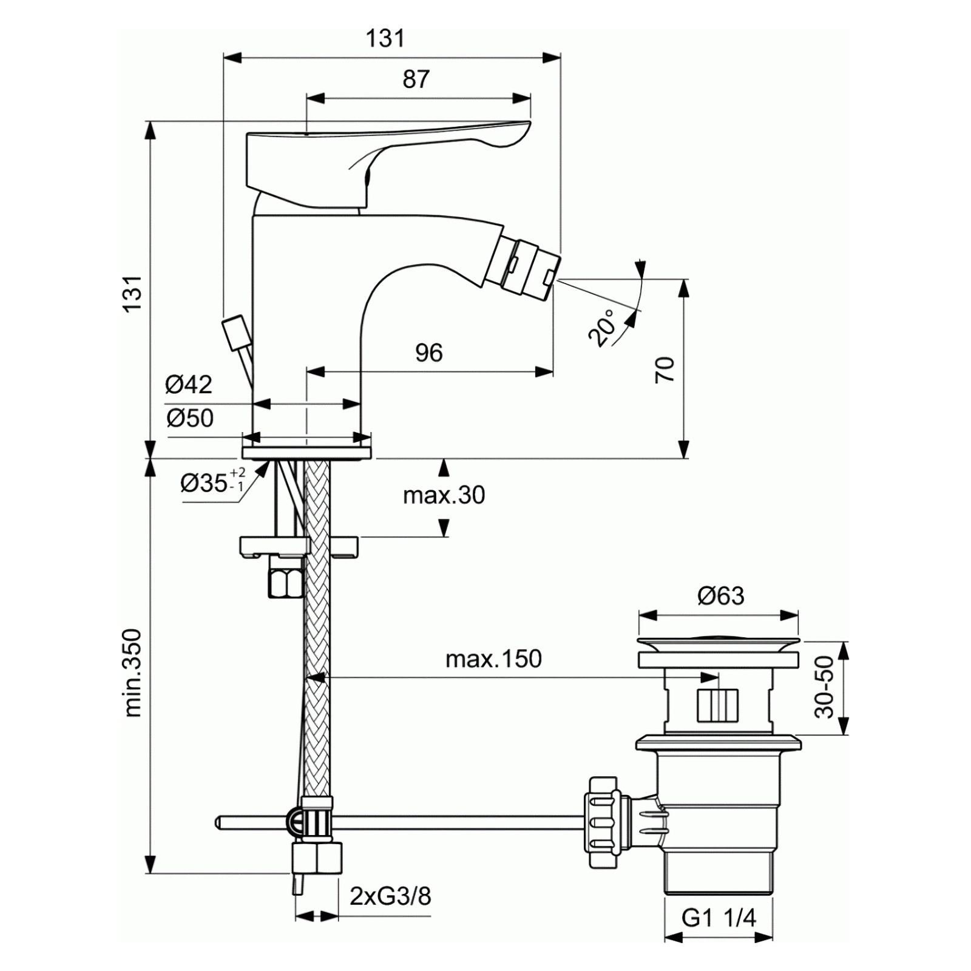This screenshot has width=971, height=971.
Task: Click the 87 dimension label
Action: (x=416, y=79)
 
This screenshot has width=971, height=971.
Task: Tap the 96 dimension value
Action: (x=429, y=353)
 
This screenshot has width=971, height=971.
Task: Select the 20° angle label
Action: (x=601, y=328)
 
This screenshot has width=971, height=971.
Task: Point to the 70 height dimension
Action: (x=665, y=369)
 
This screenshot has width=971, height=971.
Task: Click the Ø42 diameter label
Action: (x=189, y=384)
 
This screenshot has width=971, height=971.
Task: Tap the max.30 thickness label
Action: (x=444, y=496)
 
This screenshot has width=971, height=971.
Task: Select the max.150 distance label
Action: (x=493, y=659)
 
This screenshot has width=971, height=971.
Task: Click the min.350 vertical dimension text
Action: (x=132, y=673)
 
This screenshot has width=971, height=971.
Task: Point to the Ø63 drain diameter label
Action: (x=721, y=596)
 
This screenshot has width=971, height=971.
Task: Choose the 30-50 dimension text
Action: (x=824, y=687)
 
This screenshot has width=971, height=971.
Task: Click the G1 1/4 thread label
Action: (x=719, y=918)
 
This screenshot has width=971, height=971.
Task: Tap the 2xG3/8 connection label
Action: (x=390, y=896)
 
